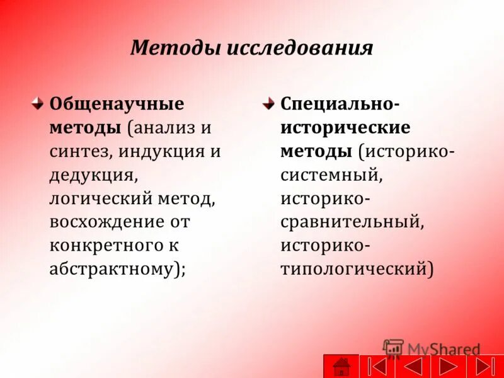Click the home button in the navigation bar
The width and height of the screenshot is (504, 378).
point(341,366)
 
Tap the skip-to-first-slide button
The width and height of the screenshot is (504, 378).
point(377,366)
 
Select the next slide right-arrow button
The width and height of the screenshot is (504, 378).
point(449,366)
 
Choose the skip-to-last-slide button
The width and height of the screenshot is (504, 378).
point(484,366)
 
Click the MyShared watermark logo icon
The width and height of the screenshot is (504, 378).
point(393,349)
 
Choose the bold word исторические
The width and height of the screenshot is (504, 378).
point(345,128)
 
